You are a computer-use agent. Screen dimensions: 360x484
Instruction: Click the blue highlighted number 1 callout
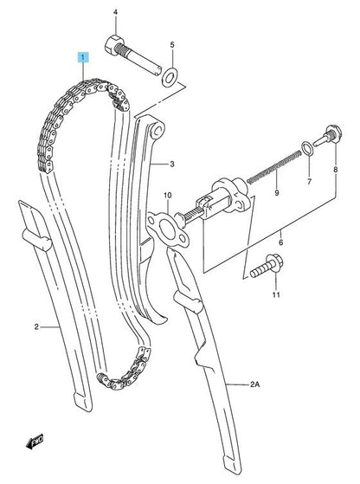pyautogui.click(x=83, y=57)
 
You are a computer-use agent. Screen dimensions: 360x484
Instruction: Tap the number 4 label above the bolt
pyautogui.click(x=115, y=12)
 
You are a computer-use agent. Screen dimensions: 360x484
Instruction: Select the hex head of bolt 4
pyautogui.click(x=114, y=45)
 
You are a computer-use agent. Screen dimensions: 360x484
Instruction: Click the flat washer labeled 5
pyautogui.click(x=170, y=77)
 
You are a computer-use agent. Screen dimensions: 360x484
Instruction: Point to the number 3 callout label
pyautogui.click(x=172, y=164)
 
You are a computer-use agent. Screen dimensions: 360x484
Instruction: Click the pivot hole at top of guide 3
pyautogui.click(x=158, y=131)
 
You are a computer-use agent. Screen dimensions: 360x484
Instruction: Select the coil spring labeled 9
pyautogui.click(x=273, y=167)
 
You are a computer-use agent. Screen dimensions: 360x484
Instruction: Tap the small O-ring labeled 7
pyautogui.click(x=307, y=147)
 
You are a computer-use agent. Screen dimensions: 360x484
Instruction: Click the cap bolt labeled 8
pyautogui.click(x=327, y=138)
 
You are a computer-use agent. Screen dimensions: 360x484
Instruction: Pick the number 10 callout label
pyautogui.click(x=168, y=195)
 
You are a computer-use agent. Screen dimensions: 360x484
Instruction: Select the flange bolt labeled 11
pyautogui.click(x=266, y=267)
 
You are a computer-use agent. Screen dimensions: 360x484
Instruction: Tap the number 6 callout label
pyautogui.click(x=280, y=242)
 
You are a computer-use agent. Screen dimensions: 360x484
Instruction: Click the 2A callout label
pyautogui.click(x=255, y=384)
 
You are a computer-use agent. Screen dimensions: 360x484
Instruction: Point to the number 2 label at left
pyautogui.click(x=36, y=326)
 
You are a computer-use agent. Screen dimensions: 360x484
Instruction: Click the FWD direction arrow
pyautogui.click(x=35, y=441)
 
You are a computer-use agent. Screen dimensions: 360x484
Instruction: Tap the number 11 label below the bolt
pyautogui.click(x=276, y=294)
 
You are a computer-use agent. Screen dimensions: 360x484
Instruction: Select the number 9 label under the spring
pyautogui.click(x=277, y=193)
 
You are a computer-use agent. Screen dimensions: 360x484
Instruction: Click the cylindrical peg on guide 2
pyautogui.click(x=36, y=240)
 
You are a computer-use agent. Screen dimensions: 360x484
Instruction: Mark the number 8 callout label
pyautogui.click(x=335, y=170)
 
